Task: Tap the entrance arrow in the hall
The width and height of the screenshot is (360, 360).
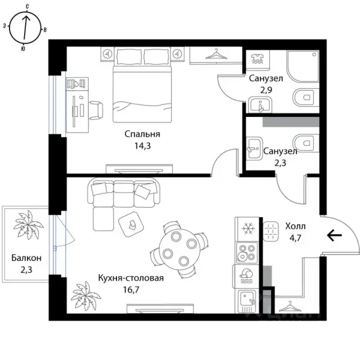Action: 334,235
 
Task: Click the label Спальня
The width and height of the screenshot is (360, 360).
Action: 142,134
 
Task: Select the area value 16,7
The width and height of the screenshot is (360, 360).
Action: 131,290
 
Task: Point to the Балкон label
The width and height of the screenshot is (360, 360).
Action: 26,258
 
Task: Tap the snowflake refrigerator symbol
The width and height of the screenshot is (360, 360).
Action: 248,229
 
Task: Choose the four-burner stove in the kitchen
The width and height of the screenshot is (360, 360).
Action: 247,253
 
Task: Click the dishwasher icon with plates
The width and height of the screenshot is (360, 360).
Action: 247,276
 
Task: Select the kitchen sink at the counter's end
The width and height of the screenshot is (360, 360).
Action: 247,301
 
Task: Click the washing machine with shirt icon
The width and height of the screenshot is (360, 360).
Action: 258,59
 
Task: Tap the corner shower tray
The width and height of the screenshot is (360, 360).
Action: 302,66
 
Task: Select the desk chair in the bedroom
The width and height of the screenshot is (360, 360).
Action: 96,110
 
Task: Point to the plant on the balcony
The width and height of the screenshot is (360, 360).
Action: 28,225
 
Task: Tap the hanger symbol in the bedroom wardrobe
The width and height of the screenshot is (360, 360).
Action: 216,54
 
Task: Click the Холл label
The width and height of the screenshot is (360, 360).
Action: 295,226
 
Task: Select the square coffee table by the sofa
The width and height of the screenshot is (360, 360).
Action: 131,224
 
